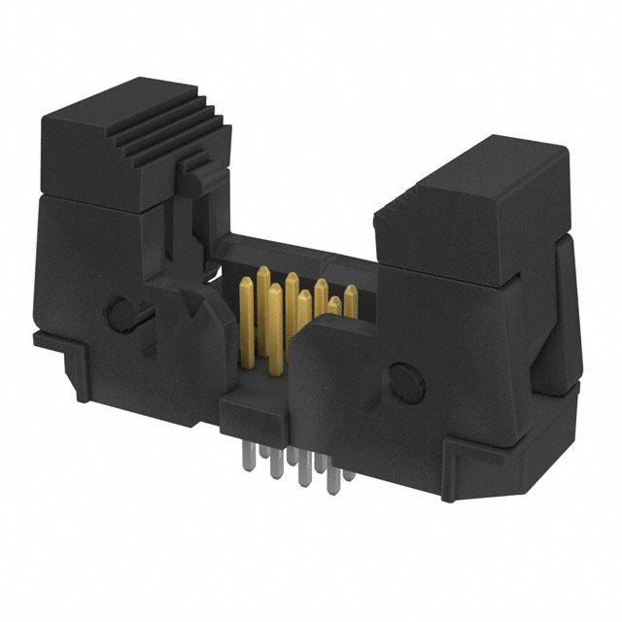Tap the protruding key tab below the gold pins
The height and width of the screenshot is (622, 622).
247,408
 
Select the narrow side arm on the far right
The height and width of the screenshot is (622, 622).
564,311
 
